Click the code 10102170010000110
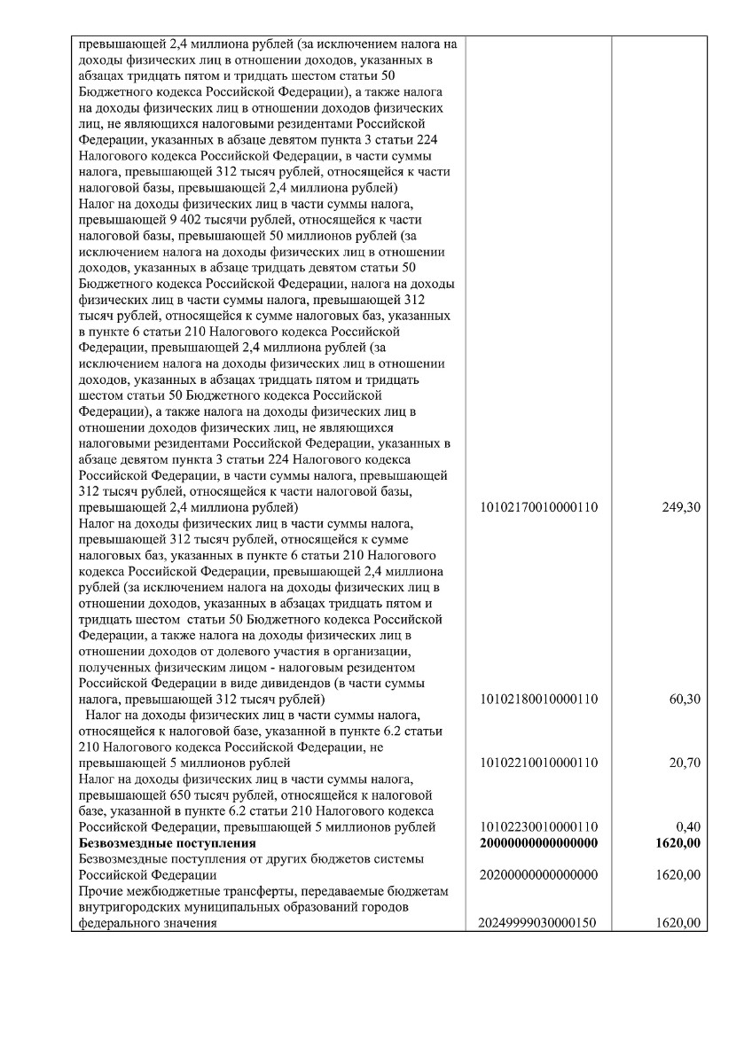point(538,507)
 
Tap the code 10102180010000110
point(538,699)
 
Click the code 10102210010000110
point(538,763)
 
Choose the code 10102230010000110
point(538,827)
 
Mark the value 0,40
point(689,827)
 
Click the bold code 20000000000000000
point(538,842)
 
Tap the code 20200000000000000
point(538,875)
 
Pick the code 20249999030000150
point(538,923)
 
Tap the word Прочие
point(101,891)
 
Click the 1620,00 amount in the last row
point(679,923)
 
